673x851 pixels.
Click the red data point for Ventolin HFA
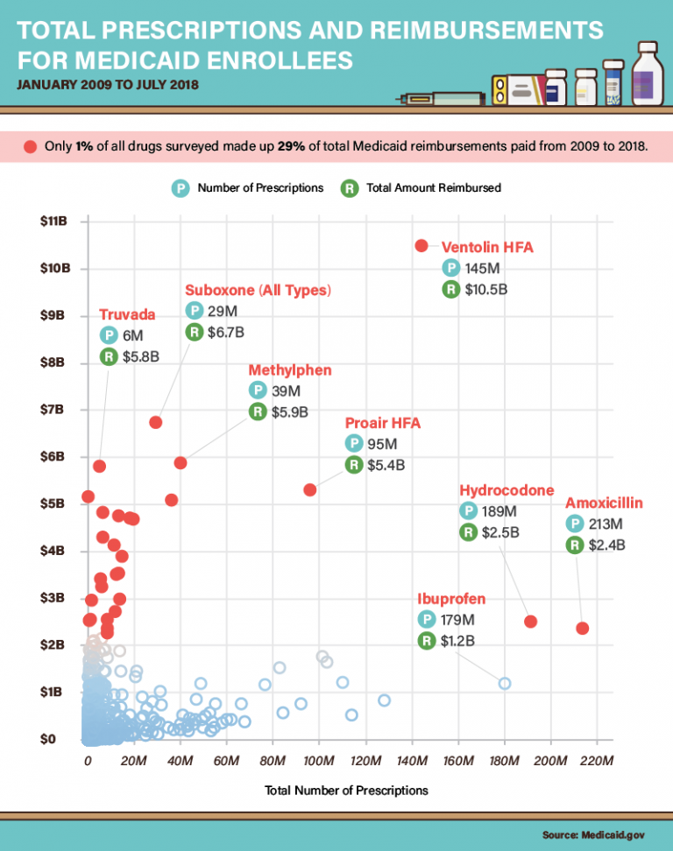[422, 245]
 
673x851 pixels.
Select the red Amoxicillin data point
[582, 629]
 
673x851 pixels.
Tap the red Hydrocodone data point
[530, 622]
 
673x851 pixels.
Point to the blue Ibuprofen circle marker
[505, 683]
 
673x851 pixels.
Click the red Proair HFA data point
[309, 489]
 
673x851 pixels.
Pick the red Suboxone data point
[156, 422]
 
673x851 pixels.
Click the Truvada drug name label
[127, 314]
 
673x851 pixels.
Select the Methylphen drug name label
[290, 370]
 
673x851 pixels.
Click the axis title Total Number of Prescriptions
[346, 790]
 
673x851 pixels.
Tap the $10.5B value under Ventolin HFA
[487, 289]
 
